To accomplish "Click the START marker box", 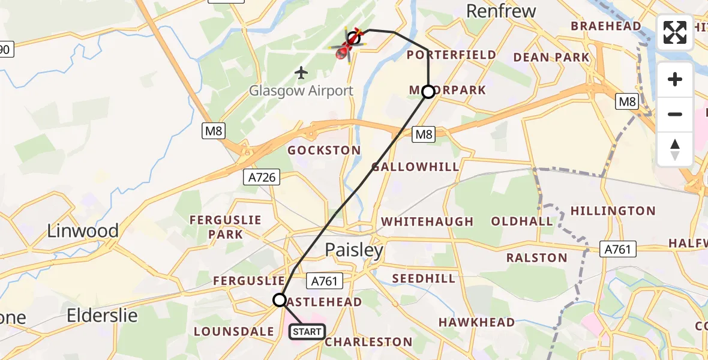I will (307, 332).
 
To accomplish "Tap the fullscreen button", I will (675, 32).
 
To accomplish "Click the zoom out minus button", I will (675, 114).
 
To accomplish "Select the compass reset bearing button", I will (675, 149).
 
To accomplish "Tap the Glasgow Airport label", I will (302, 91).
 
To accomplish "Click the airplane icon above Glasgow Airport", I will (301, 73).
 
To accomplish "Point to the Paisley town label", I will (354, 250).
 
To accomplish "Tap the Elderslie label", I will (102, 315).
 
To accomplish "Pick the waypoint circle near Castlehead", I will (280, 299).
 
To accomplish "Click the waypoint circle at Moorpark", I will (428, 92).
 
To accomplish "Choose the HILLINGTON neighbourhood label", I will (613, 211).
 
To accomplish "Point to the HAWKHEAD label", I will (476, 322).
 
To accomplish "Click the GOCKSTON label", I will (324, 150).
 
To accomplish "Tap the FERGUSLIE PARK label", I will (226, 227).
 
